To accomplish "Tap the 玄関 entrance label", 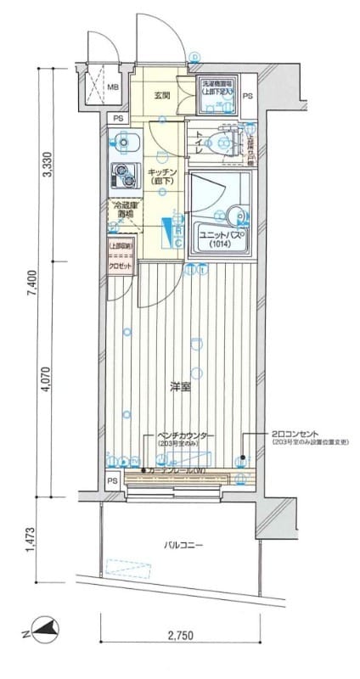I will [x=162, y=96].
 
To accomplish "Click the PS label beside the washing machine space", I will [x=247, y=97].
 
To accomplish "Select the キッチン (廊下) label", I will [x=160, y=176].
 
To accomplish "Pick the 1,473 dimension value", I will [x=31, y=540].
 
